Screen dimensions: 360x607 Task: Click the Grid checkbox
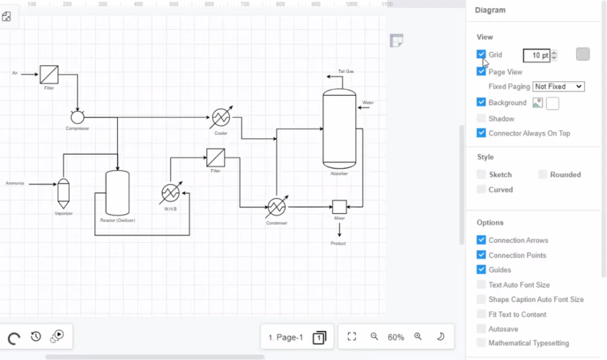(481, 55)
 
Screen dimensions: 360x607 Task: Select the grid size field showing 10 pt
(536, 55)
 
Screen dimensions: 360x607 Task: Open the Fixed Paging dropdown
(558, 87)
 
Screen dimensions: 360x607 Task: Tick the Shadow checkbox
(481, 118)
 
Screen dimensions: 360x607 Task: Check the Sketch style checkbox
(481, 174)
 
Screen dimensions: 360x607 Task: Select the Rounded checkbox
(543, 174)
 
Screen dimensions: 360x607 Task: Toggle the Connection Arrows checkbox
(481, 240)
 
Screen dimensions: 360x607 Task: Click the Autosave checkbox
(481, 329)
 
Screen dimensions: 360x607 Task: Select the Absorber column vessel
(339, 128)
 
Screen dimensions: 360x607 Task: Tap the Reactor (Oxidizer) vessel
(117, 193)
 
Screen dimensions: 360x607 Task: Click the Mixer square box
(339, 207)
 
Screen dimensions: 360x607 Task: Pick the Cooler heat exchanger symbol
(220, 118)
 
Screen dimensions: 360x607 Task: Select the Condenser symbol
(276, 207)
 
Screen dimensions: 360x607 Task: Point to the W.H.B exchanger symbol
(171, 193)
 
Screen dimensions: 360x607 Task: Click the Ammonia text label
(15, 183)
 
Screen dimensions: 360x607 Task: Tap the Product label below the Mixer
(338, 243)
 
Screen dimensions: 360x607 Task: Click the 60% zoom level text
(395, 337)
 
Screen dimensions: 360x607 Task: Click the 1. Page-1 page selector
(286, 337)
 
